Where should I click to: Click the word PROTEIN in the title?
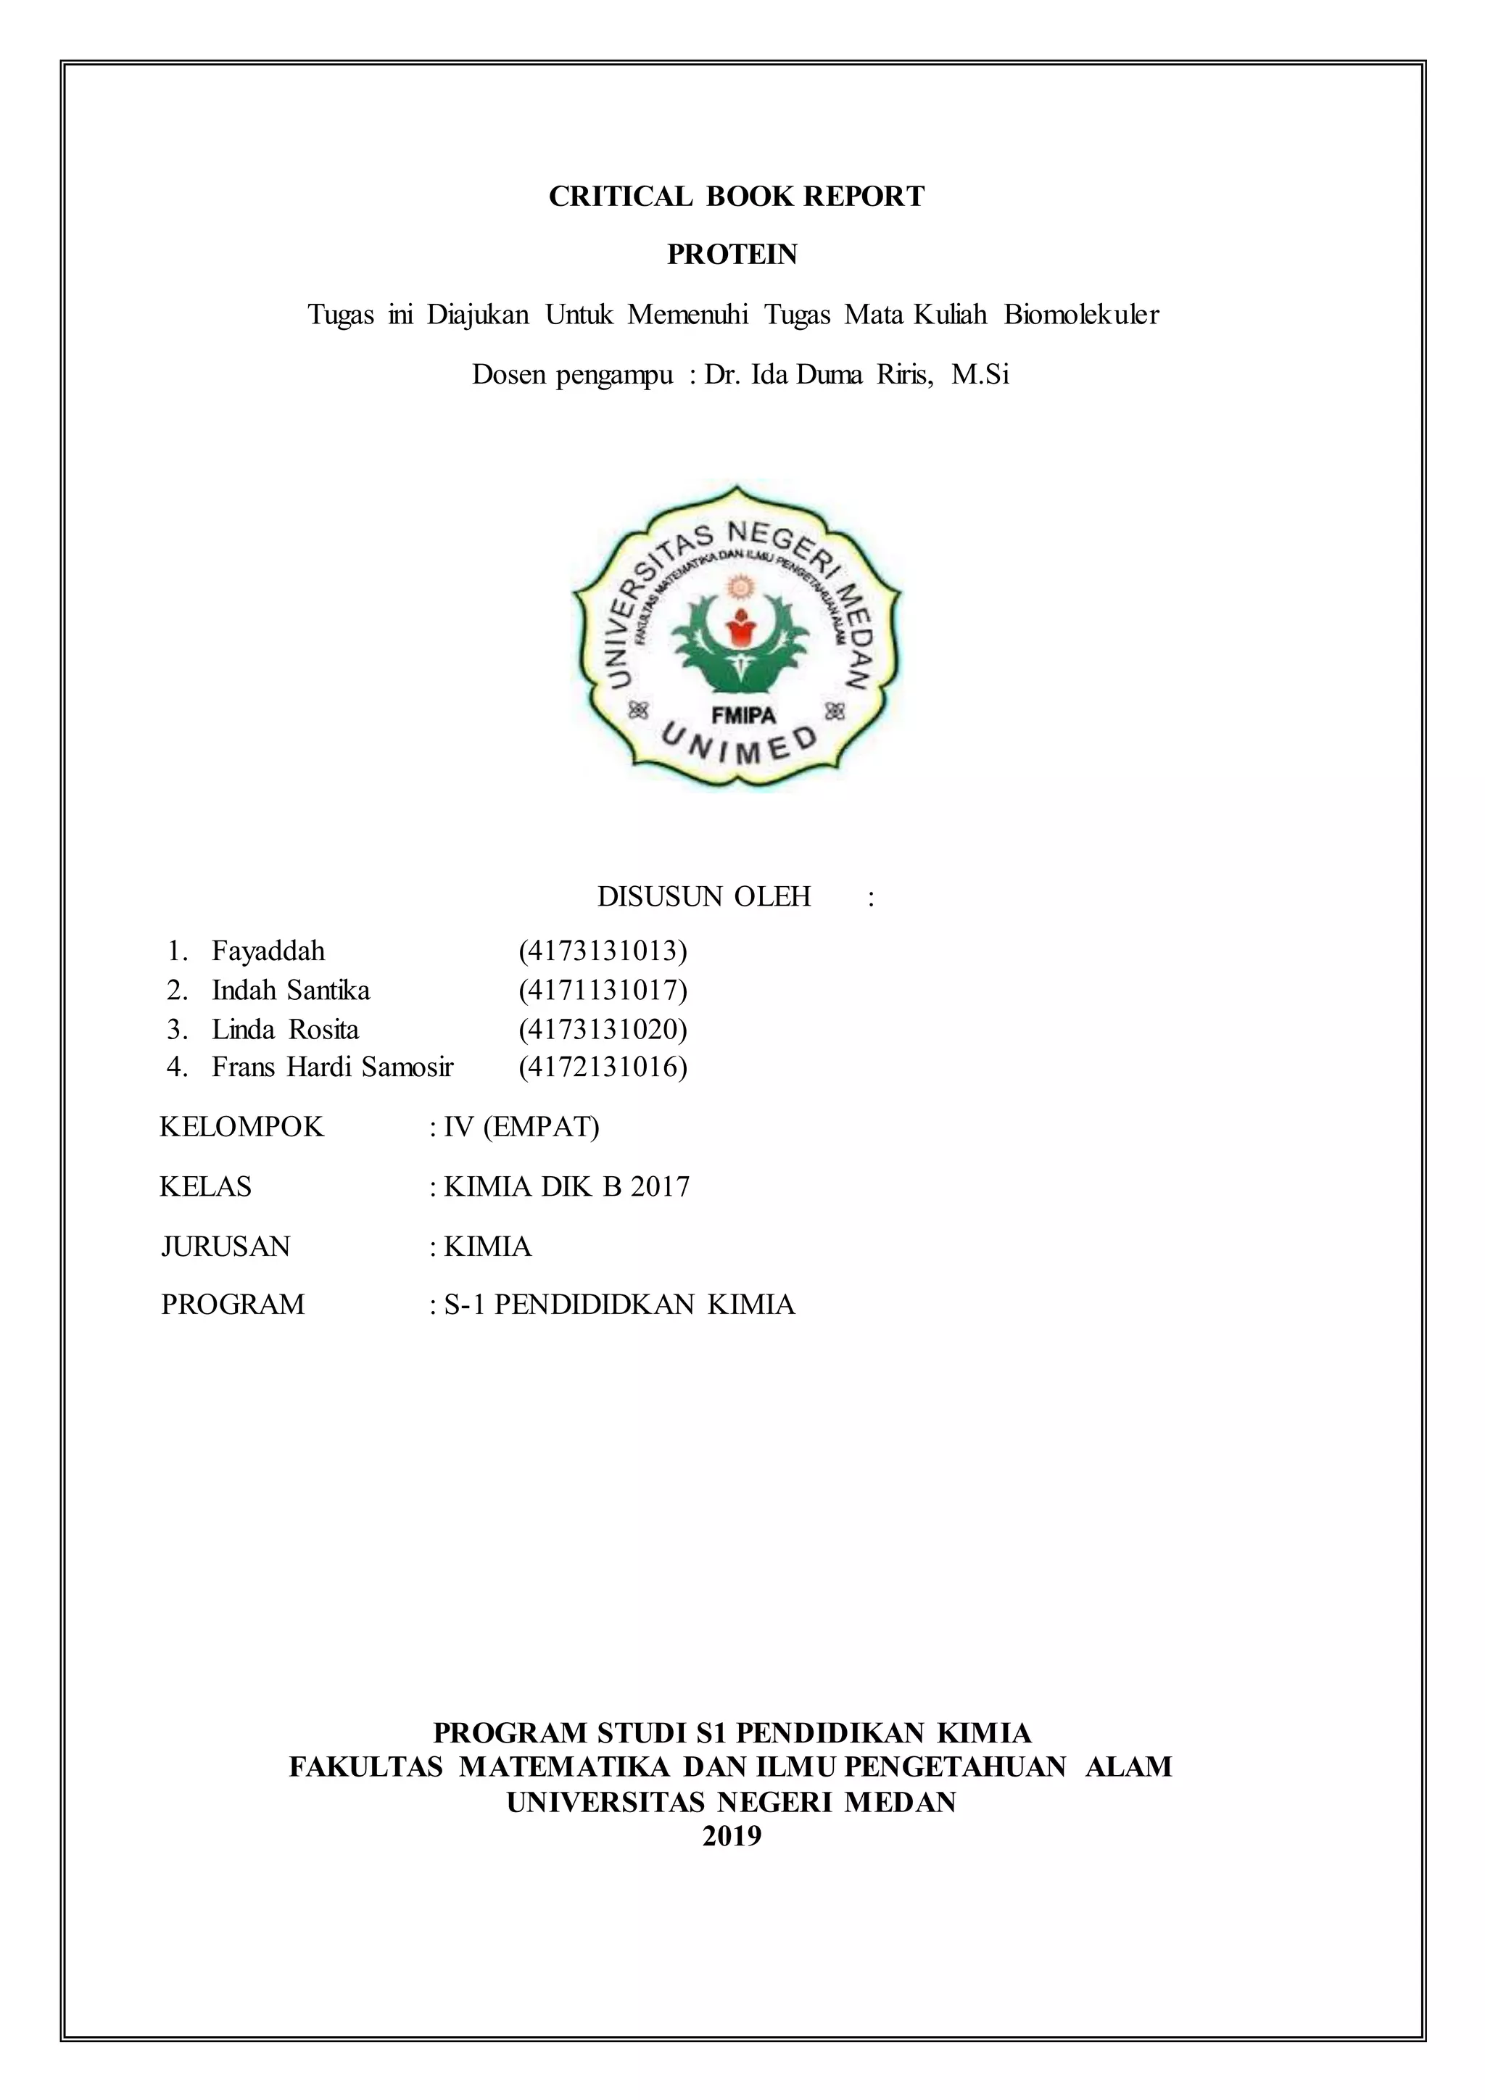coord(732,255)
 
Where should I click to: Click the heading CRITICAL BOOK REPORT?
coord(736,197)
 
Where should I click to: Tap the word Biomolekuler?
coord(1081,315)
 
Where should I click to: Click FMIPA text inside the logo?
coord(743,716)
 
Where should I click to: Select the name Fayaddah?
coord(268,951)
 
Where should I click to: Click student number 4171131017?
coord(603,991)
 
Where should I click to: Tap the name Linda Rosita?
coord(285,1030)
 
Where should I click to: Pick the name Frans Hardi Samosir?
coord(332,1067)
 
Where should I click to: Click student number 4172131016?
coord(603,1067)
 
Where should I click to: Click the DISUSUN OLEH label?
coord(704,896)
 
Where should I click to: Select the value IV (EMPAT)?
coord(521,1127)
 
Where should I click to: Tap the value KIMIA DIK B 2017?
coord(566,1187)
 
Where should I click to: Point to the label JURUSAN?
coord(225,1247)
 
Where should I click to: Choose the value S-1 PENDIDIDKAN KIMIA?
coord(619,1305)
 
